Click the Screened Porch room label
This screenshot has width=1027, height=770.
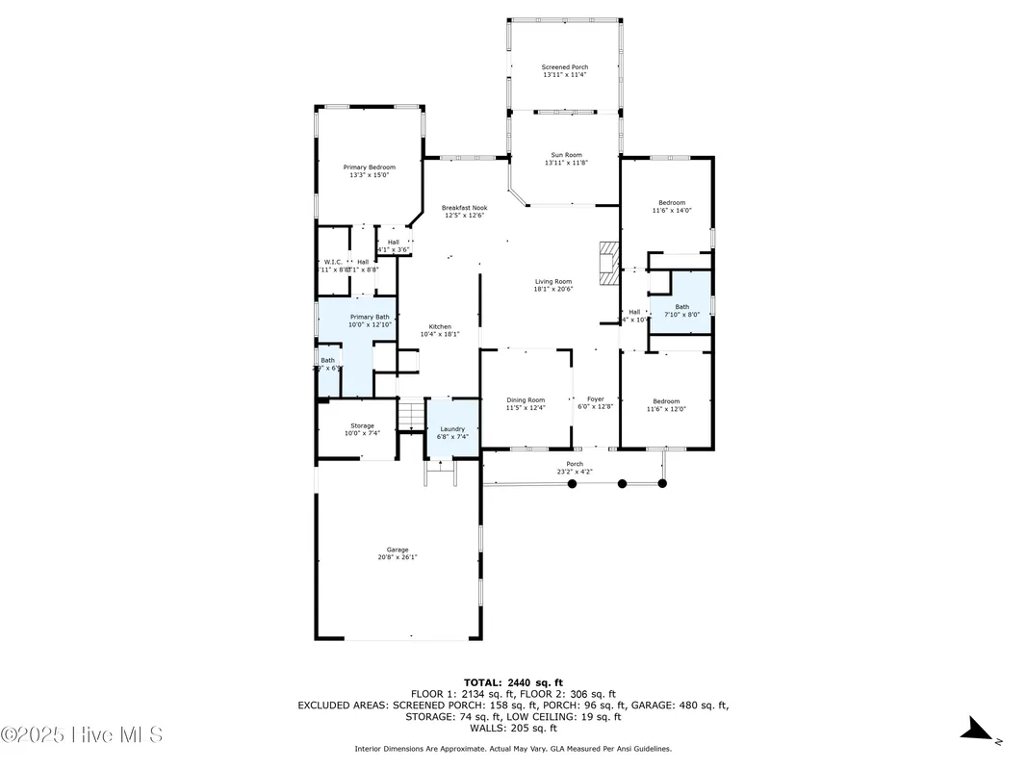click(565, 67)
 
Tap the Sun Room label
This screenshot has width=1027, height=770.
click(566, 155)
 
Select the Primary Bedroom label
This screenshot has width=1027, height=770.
click(370, 167)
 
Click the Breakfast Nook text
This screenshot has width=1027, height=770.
click(464, 208)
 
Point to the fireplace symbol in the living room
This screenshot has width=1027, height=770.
click(607, 263)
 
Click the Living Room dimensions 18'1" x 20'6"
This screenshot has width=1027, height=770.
click(553, 290)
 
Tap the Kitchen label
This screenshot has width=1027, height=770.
click(441, 326)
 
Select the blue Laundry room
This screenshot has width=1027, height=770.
click(452, 429)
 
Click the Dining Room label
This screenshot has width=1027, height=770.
click(526, 400)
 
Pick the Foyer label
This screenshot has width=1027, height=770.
click(596, 398)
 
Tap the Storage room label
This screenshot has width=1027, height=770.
click(362, 425)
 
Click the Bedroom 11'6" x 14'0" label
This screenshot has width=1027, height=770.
click(672, 202)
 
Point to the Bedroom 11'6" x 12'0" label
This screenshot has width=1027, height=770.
click(666, 401)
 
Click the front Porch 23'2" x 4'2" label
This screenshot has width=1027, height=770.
click(575, 465)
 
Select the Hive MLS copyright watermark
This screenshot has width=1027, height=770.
click(82, 734)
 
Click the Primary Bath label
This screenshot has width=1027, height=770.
click(370, 317)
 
